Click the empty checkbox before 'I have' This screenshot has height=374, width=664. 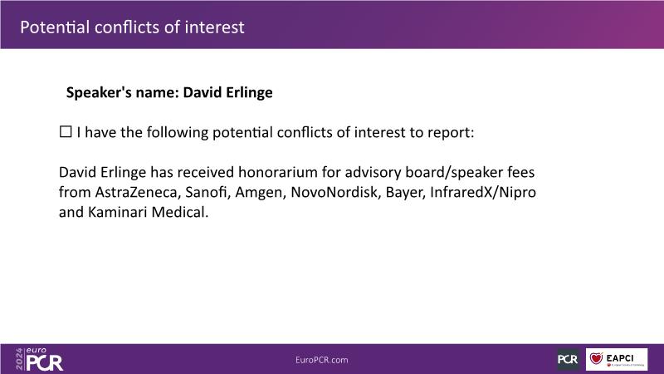pos(66,132)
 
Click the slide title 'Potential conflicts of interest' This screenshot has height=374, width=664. pos(132,27)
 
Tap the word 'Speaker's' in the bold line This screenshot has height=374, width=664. pos(99,92)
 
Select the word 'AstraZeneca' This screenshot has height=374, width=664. pos(138,192)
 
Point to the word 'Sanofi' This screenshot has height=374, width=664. pos(207,192)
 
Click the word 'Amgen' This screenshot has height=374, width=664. pos(261,193)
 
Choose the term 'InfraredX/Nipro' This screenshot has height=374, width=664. pos(483,193)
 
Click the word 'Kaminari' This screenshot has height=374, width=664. pos(117,212)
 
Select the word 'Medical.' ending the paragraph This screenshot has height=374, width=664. pos(180,212)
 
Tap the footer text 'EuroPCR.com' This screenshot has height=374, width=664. pos(322,360)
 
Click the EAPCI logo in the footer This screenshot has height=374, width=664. pos(617,359)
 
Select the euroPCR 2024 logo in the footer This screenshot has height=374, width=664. pos(39,359)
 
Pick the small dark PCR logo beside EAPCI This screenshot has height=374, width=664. pos(568,359)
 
